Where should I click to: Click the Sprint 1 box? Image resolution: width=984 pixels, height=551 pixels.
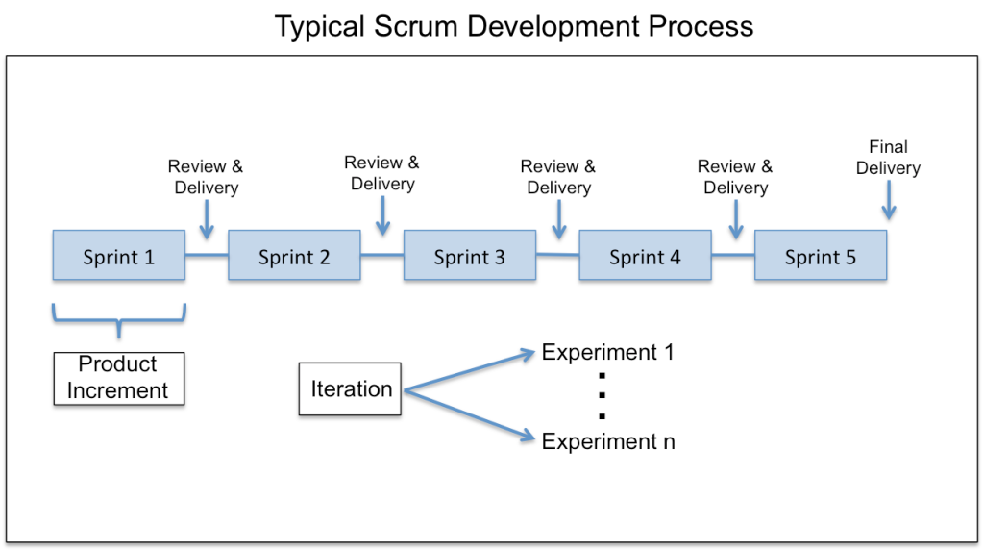[x=119, y=256]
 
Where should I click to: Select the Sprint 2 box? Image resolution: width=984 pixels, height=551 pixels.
[x=294, y=256]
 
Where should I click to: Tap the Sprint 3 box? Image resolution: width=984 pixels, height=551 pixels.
[x=470, y=256]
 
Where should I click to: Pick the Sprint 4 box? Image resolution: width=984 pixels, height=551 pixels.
[x=645, y=256]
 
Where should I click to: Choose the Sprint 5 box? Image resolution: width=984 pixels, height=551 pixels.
[x=821, y=256]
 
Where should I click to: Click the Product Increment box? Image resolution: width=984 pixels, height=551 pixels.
[x=118, y=378]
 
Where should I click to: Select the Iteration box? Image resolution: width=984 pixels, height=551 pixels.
[x=350, y=389]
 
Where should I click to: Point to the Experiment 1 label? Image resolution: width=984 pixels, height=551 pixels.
[x=607, y=352]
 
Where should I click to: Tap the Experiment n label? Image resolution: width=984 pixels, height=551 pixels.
[x=607, y=441]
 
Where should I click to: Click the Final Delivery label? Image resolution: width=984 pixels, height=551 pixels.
[x=888, y=158]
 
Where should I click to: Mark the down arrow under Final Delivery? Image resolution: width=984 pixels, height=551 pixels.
[x=889, y=202]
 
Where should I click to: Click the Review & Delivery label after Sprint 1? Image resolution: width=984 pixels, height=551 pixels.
[x=206, y=177]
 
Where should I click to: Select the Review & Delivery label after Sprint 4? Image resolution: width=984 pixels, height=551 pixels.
[x=735, y=177]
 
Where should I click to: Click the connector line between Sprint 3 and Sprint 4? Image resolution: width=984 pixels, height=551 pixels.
[x=557, y=255]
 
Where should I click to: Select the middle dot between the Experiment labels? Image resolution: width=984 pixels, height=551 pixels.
[x=602, y=396]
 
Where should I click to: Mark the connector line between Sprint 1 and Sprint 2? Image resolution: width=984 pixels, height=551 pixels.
[x=207, y=255]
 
